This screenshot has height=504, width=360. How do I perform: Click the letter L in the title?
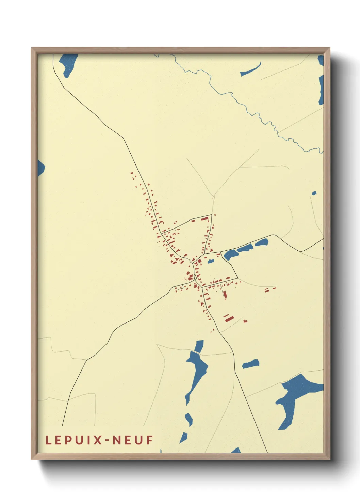48,440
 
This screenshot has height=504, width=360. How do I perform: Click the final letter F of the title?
150,440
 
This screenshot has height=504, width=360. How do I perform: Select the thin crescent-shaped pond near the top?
251,70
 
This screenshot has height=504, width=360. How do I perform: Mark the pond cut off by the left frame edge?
40,168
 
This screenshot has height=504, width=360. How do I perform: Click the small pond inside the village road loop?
211,261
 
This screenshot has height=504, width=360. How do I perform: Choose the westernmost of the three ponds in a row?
231,254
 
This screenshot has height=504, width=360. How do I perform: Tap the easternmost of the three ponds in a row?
262,243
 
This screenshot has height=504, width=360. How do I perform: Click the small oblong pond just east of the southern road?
251,364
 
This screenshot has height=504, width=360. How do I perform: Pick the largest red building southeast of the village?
229,319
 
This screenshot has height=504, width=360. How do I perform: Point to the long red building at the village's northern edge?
204,219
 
